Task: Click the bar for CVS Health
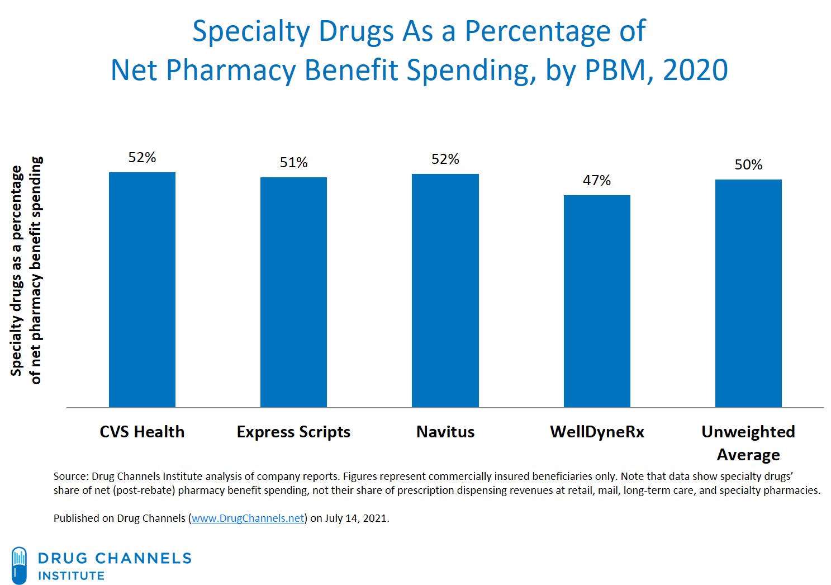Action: click(x=142, y=290)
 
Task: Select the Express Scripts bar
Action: click(x=293, y=292)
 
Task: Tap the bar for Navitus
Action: click(x=445, y=290)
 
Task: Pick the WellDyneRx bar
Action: click(x=597, y=301)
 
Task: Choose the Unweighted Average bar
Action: click(x=748, y=293)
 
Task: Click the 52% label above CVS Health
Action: click(x=142, y=158)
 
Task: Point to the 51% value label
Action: click(x=293, y=163)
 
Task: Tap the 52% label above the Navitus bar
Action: click(x=445, y=159)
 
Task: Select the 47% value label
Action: click(x=597, y=181)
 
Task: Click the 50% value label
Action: click(x=748, y=165)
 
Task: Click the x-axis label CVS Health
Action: click(x=142, y=432)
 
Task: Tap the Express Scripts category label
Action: click(x=293, y=432)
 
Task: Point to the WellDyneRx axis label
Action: click(x=597, y=432)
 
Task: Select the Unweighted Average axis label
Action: click(x=748, y=443)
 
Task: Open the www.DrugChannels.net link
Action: click(x=248, y=518)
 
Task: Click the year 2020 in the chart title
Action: click(x=695, y=70)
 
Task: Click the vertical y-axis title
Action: click(x=26, y=271)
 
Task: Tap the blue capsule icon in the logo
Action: click(x=19, y=565)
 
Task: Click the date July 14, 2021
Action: click(x=356, y=518)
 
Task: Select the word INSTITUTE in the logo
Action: click(x=71, y=576)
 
